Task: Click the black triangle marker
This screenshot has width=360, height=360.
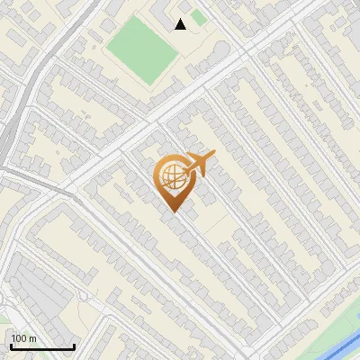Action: [x=181, y=24]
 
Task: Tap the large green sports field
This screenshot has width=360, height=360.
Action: [x=143, y=49]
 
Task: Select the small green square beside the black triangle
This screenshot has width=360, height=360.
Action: [x=199, y=18]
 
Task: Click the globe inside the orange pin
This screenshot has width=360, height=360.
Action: [x=173, y=176]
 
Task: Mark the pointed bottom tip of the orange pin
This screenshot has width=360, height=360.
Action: [x=173, y=211]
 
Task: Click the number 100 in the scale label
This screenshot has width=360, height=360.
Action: [x=19, y=338]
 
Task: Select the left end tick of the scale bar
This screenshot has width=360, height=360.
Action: [x=10, y=346]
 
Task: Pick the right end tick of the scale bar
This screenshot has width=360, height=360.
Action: [x=74, y=346]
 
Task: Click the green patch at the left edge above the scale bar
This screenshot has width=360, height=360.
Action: [x=4, y=316]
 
